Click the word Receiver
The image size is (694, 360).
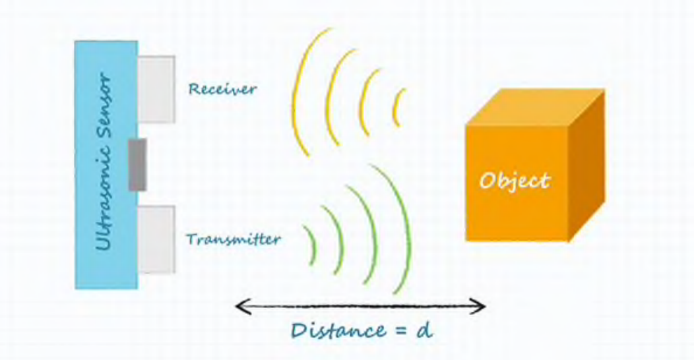(x=222, y=89)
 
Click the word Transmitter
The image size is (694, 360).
(x=234, y=239)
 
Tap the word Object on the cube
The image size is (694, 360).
(x=515, y=181)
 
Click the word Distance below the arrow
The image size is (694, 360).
(x=339, y=330)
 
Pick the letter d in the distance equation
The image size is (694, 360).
(x=424, y=330)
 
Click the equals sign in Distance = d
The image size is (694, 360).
(x=400, y=331)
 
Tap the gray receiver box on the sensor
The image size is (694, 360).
(x=156, y=89)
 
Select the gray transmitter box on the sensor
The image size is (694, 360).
(x=156, y=239)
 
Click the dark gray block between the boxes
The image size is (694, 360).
(x=138, y=165)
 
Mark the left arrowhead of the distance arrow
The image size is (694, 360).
(x=243, y=306)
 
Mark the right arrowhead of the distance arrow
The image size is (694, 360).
(x=478, y=306)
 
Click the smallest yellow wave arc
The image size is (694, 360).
(x=396, y=107)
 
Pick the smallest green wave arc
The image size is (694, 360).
(x=313, y=245)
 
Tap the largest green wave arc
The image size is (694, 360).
(x=405, y=230)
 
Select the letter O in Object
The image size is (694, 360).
(x=488, y=181)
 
